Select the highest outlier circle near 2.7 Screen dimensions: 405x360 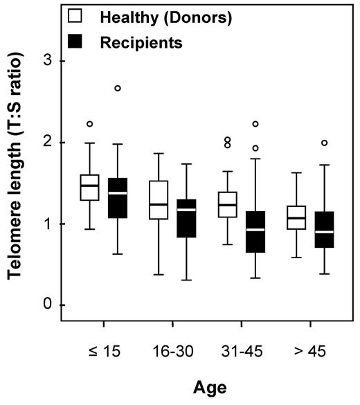(x=118, y=89)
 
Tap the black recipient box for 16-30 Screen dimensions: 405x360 (x=186, y=218)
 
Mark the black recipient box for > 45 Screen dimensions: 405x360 (x=325, y=229)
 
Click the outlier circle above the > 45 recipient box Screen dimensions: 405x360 (x=325, y=143)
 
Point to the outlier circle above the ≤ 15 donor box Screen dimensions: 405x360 (x=90, y=124)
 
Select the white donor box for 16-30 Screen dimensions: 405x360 (x=159, y=200)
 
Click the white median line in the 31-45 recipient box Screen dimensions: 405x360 (x=255, y=229)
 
